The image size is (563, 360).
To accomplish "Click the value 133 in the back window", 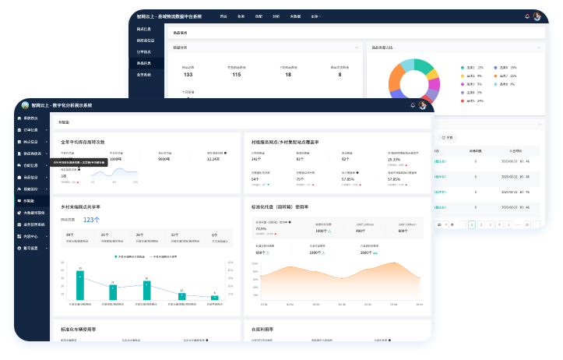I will point(188,75).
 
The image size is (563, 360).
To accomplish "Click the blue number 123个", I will point(91,220).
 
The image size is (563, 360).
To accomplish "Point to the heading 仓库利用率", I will point(263,330).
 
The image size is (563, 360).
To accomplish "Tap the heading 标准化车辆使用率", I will point(78,330).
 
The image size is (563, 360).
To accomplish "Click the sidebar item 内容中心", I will point(30,236).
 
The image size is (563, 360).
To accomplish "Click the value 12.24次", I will point(214,158).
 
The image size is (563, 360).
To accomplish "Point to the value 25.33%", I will point(393,159).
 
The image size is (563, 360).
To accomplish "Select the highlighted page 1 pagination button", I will point(471,224).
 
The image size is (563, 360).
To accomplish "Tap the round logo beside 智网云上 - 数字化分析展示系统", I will point(25,105).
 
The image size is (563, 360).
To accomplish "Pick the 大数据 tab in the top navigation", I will point(295,16).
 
